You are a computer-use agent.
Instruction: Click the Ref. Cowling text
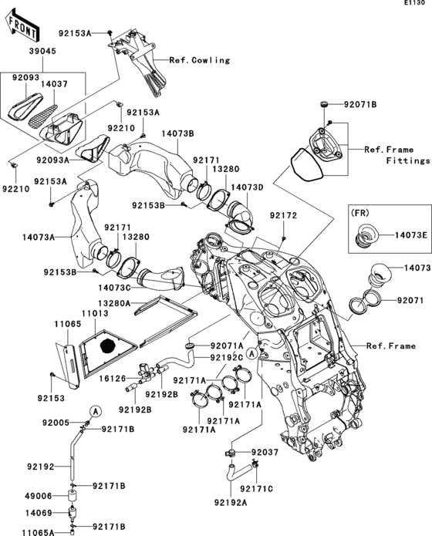pyautogui.click(x=200, y=58)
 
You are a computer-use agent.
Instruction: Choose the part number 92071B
pyautogui.click(x=360, y=103)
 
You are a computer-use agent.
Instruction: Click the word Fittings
pyautogui.click(x=408, y=161)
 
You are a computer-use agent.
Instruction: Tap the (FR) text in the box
pyautogui.click(x=362, y=211)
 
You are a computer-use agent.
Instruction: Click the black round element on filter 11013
pyautogui.click(x=108, y=343)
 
